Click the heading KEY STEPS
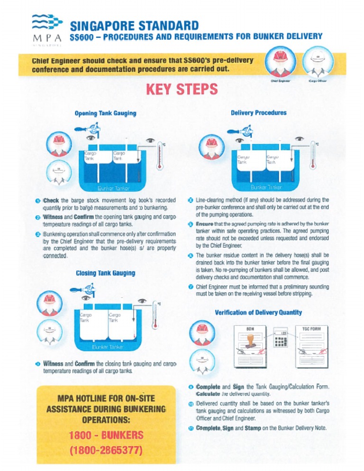click(182, 89)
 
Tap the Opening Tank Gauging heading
click(105, 113)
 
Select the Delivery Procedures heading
click(258, 113)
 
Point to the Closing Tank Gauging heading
click(105, 273)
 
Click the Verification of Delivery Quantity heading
click(258, 312)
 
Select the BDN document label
click(251, 328)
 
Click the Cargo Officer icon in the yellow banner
click(316, 61)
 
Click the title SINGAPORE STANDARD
click(134, 25)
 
